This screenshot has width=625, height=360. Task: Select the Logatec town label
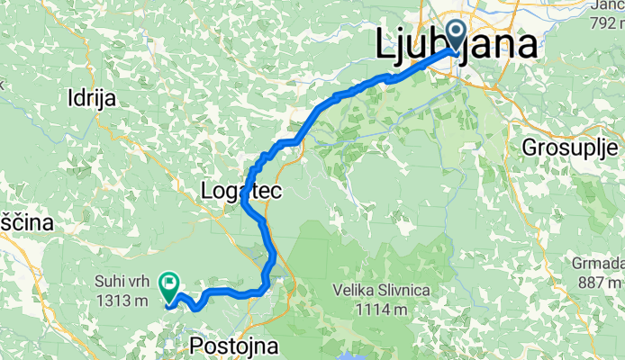(x=241, y=191)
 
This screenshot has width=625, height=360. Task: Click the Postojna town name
(x=229, y=346)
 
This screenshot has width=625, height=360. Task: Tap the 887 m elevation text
(x=598, y=280)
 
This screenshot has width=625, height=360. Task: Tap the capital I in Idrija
(x=70, y=100)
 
